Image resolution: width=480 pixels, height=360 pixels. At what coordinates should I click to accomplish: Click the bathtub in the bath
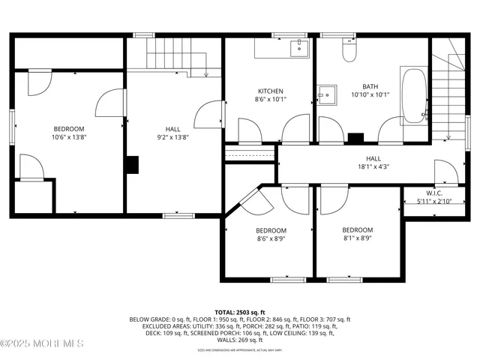413,96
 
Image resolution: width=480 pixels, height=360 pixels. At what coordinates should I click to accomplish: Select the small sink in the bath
326,96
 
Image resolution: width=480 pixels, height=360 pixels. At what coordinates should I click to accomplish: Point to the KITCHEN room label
270,91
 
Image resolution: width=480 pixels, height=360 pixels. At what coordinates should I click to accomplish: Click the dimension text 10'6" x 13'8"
68,137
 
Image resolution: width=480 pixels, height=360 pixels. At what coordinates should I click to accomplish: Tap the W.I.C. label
435,193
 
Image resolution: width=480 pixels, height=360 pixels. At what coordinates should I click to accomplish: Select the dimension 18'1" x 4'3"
373,167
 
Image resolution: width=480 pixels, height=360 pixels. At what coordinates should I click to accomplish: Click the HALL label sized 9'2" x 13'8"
173,129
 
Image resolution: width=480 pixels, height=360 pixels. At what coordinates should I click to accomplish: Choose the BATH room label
370,86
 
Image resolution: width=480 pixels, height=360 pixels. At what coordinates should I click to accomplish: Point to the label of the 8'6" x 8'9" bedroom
271,229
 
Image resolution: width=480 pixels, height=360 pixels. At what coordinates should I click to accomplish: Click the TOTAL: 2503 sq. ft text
239,311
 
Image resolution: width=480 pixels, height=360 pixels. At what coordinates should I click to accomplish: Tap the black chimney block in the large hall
132,164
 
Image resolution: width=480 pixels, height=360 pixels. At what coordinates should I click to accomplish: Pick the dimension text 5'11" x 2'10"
435,201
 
